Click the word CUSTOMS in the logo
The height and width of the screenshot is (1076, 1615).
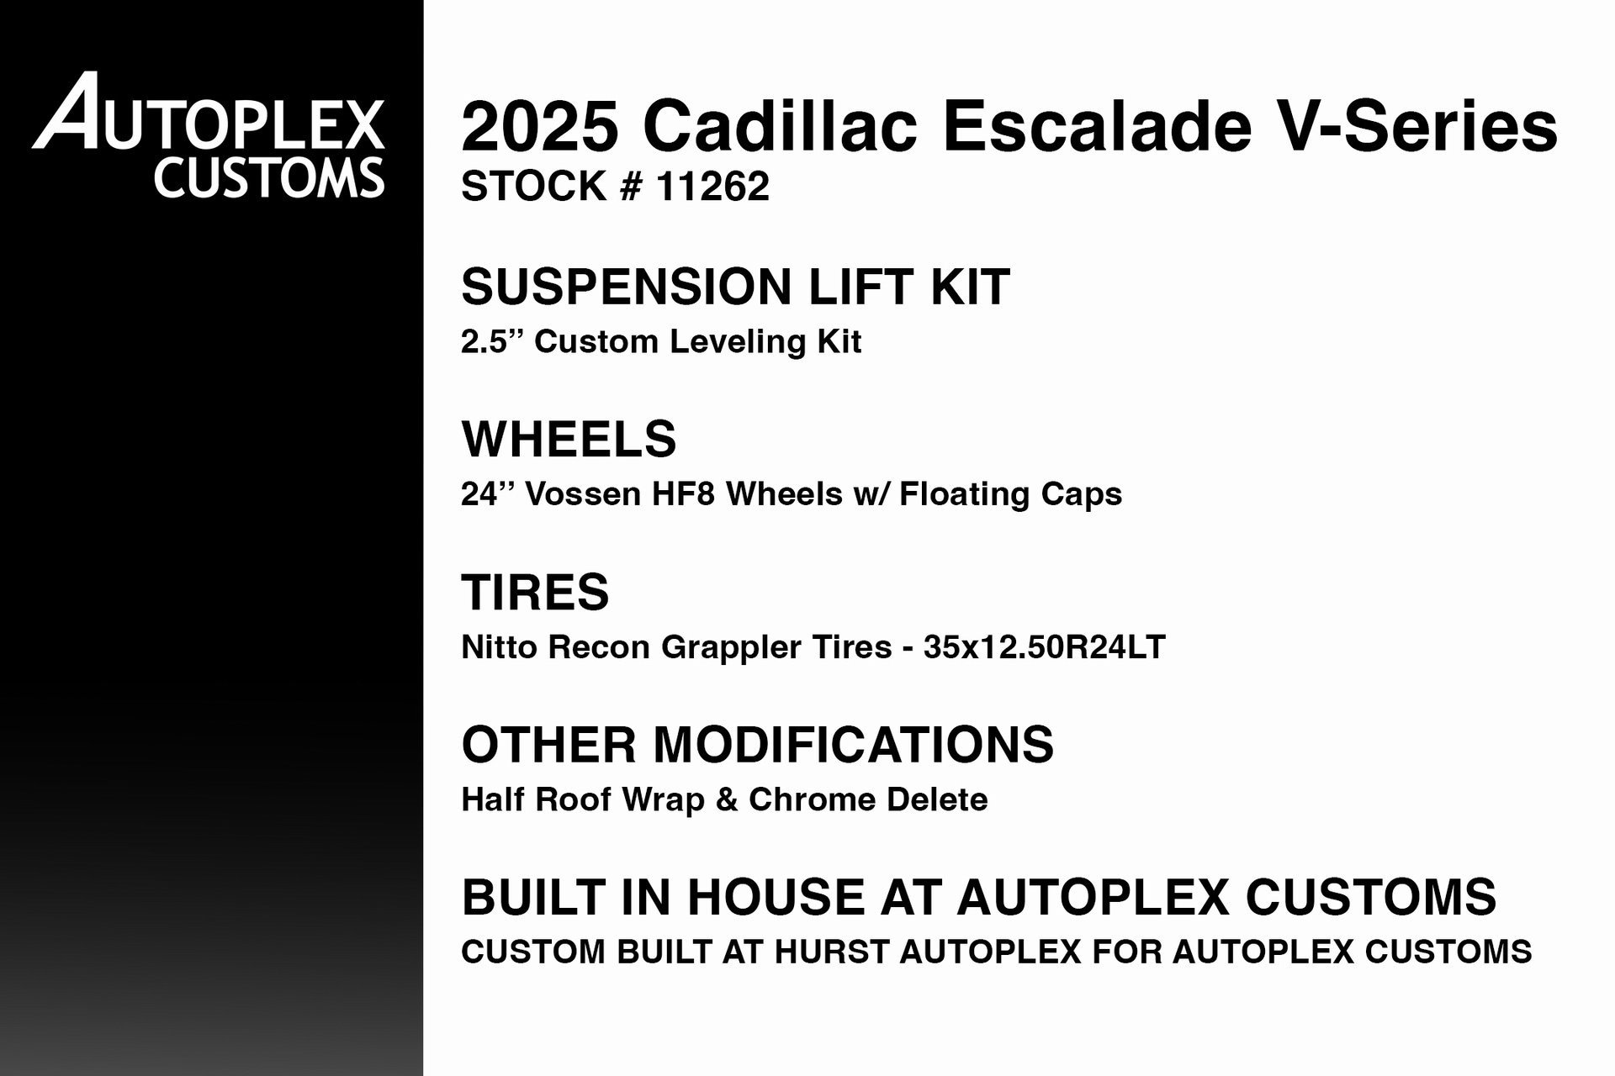click(x=269, y=177)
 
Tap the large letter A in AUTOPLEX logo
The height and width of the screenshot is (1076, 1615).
click(x=71, y=113)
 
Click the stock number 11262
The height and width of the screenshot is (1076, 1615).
click(x=712, y=187)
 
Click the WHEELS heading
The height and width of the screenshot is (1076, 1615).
click(x=569, y=439)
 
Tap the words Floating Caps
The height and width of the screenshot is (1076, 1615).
click(x=1010, y=494)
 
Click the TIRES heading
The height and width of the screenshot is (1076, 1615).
click(x=535, y=592)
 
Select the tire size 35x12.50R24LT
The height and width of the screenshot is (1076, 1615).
click(x=1044, y=647)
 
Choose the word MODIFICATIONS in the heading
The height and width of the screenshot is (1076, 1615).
click(x=853, y=745)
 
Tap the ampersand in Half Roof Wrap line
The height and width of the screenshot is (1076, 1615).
click(x=726, y=799)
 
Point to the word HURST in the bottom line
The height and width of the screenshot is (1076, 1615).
click(x=831, y=952)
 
